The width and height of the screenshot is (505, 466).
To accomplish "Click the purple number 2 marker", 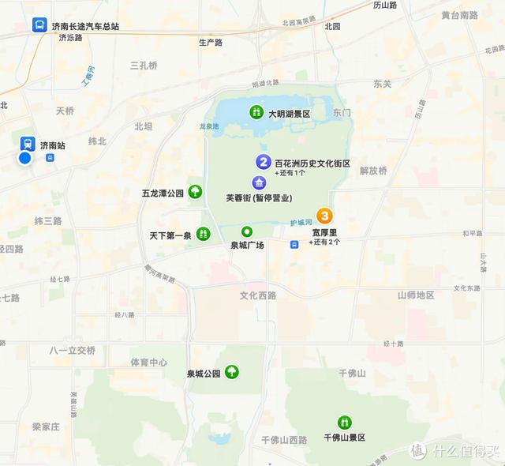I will pyautogui.click(x=264, y=162).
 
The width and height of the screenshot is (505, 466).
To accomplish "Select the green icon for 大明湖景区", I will pyautogui.click(x=256, y=113).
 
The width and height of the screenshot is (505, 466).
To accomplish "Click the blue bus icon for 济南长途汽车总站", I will pyautogui.click(x=39, y=25).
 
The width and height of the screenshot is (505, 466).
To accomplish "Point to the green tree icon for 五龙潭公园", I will pyautogui.click(x=195, y=191).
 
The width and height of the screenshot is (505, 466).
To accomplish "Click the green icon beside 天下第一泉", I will pyautogui.click(x=203, y=234).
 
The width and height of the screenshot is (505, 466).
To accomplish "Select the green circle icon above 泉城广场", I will pyautogui.click(x=246, y=231).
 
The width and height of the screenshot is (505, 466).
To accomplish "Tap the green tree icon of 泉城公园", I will pyautogui.click(x=232, y=371).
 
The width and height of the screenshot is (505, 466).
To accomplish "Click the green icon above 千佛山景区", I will pyautogui.click(x=344, y=423).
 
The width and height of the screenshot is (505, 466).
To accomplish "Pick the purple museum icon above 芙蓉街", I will pyautogui.click(x=259, y=183).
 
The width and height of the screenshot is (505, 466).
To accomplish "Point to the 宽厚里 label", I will pyautogui.click(x=324, y=232).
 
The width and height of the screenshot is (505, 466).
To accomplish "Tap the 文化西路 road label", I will pyautogui.click(x=259, y=295).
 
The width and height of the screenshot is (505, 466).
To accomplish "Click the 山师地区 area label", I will pyautogui.click(x=416, y=295).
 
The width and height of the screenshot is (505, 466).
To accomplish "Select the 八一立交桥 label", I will pyautogui.click(x=72, y=350).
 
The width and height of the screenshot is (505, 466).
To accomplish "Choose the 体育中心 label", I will pyautogui.click(x=148, y=363).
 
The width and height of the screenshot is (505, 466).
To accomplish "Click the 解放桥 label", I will pyautogui.click(x=373, y=170).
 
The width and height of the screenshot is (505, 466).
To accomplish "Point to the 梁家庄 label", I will pyautogui.click(x=46, y=427).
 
